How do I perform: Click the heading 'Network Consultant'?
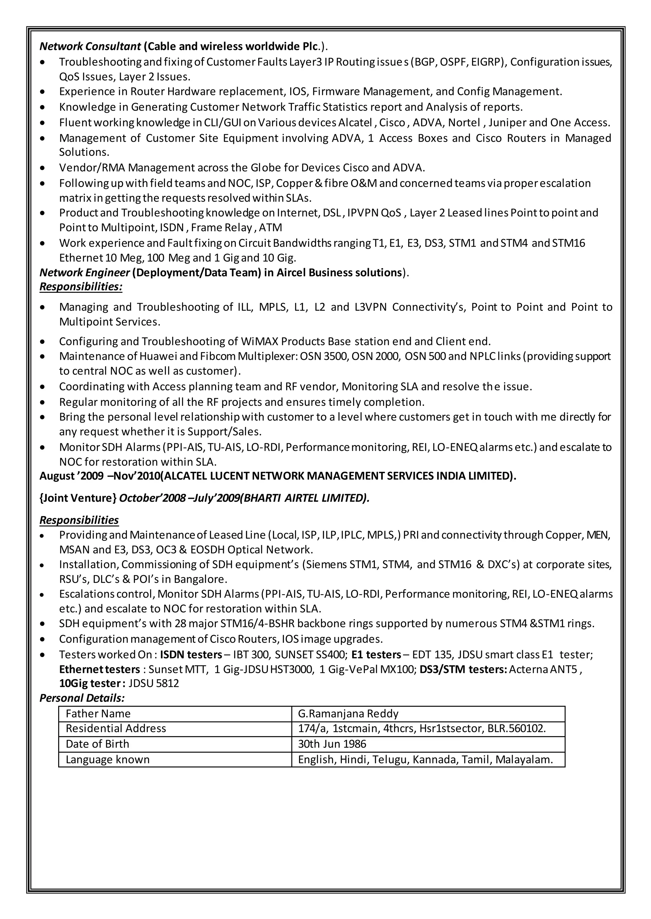[x=90, y=46]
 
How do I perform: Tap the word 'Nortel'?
[x=464, y=123]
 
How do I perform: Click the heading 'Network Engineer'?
[x=85, y=273]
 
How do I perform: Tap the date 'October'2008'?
[x=152, y=498]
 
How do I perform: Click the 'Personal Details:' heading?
[x=82, y=698]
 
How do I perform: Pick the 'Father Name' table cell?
[x=98, y=714]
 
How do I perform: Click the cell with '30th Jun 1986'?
[x=332, y=744]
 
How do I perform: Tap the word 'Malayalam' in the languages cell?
[x=523, y=760]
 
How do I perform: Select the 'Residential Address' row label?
[x=116, y=728]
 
